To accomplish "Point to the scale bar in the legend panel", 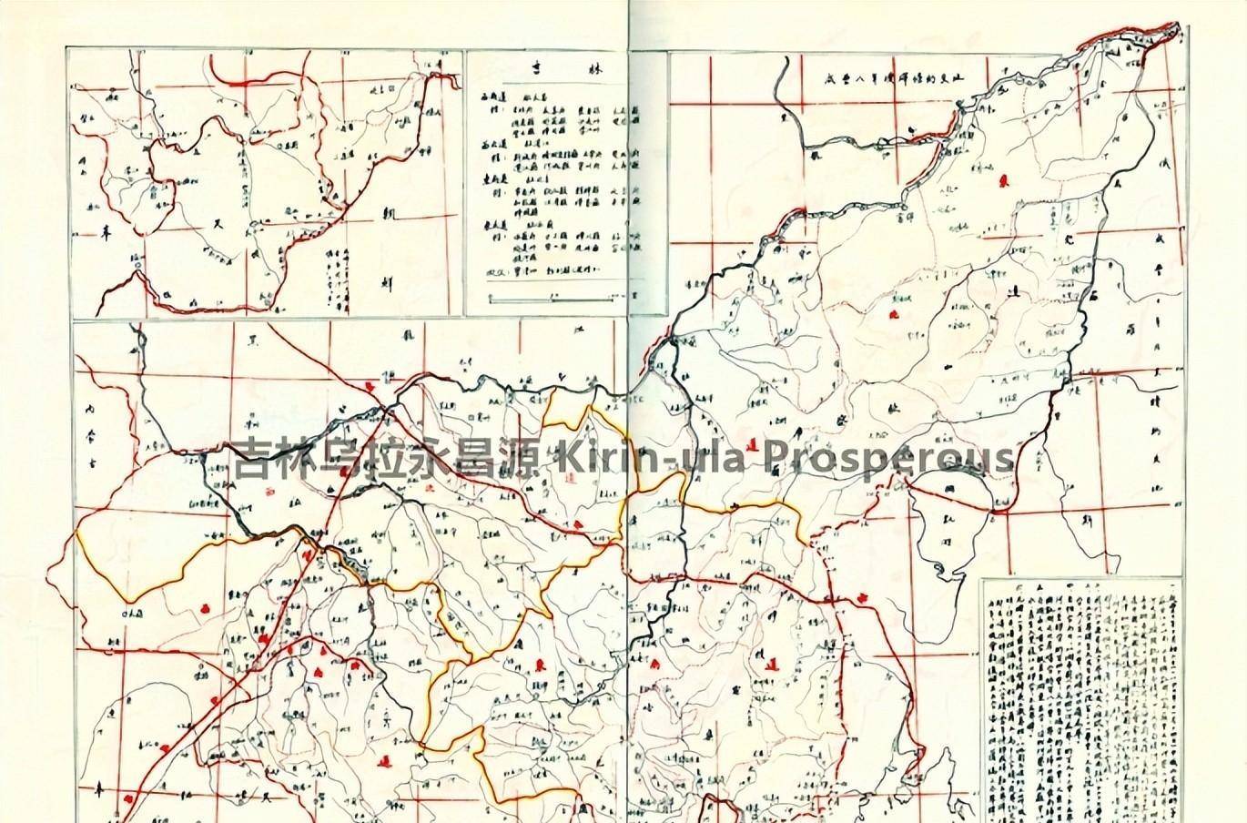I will (x=559, y=297).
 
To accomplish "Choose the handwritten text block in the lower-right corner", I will (x=1081, y=696).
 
